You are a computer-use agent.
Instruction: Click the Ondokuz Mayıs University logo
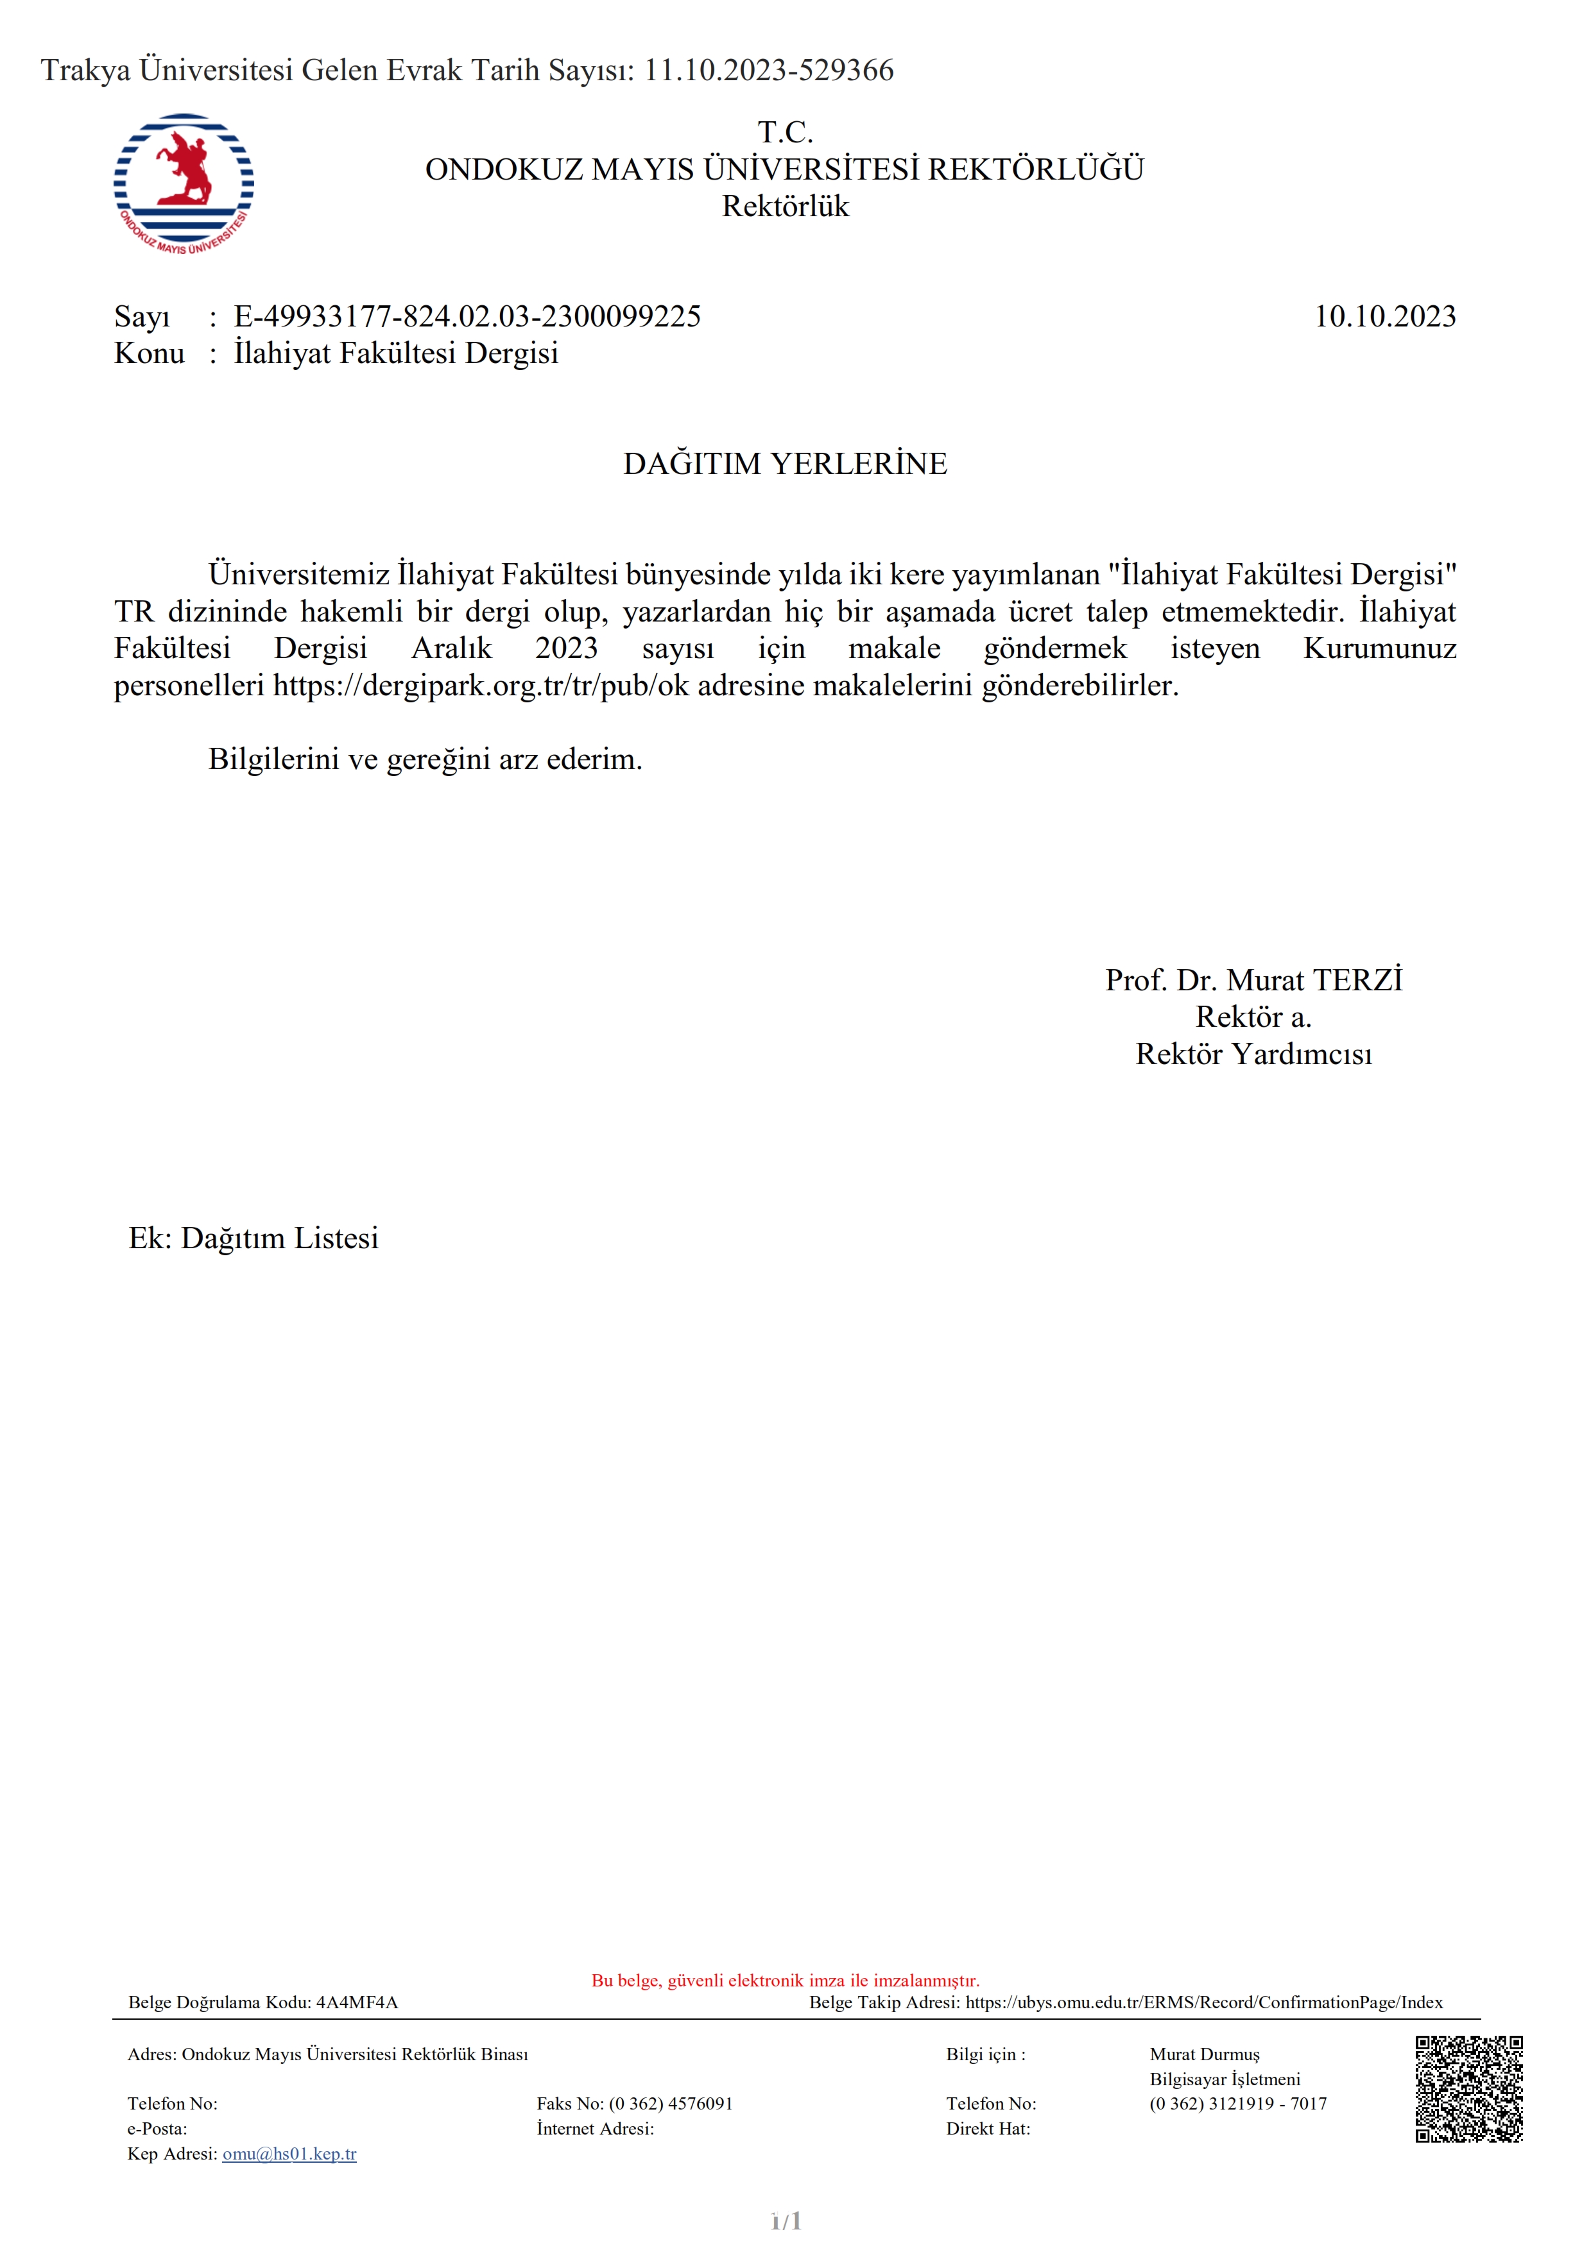pos(184,184)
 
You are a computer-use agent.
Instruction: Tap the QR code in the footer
pos(1468,2088)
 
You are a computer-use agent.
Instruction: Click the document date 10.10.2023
pos(1384,317)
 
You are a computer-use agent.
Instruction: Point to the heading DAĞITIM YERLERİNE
pos(785,464)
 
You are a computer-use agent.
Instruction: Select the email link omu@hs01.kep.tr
pos(289,2154)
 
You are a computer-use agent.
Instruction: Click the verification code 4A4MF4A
pos(357,2002)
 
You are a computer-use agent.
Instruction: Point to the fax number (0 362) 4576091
pos(671,2103)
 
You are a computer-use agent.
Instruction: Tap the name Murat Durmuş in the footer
pos(1204,2054)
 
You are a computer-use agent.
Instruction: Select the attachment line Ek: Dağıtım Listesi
pos(253,1239)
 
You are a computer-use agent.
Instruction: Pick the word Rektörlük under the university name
pos(785,207)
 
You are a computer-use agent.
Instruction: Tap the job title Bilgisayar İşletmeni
pos(1225,2079)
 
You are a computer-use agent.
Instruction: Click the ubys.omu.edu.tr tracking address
pos(1204,2002)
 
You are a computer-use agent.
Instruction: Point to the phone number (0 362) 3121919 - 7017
pos(1238,2103)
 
